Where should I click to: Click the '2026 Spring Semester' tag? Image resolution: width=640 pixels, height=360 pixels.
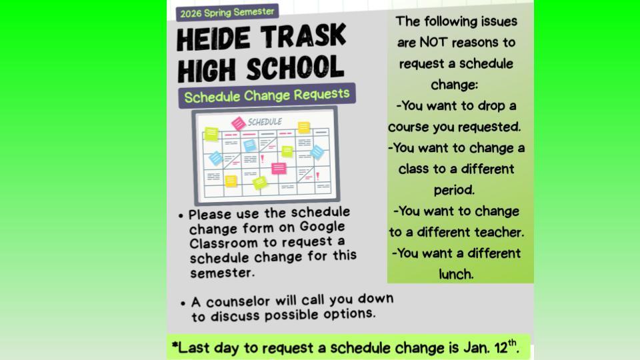tap(227, 12)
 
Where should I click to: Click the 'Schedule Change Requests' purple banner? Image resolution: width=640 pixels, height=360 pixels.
tap(267, 95)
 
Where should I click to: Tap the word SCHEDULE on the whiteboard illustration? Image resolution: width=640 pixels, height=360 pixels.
tap(265, 122)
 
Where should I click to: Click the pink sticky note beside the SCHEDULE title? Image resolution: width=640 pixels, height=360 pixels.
tap(238, 123)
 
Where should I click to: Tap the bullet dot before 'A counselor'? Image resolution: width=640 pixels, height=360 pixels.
tap(183, 303)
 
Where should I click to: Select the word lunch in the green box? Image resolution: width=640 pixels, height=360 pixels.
tap(456, 274)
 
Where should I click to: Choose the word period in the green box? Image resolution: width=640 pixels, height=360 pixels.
tap(455, 190)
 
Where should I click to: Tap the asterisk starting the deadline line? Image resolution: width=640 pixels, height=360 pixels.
tap(175, 347)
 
